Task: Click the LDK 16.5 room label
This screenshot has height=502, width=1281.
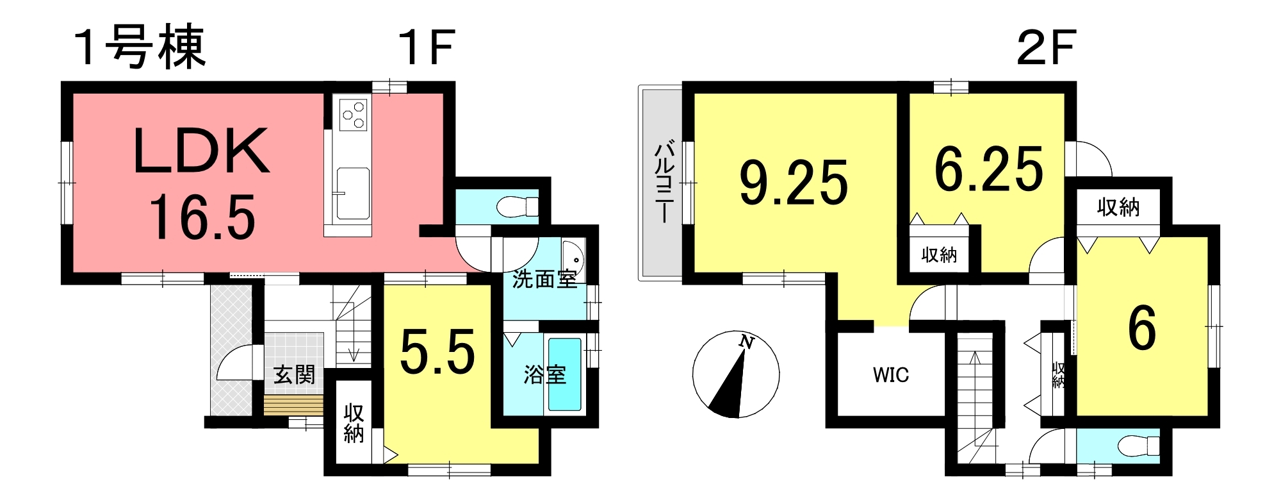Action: pyautogui.click(x=201, y=183)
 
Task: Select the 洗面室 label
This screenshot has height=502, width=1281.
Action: pyautogui.click(x=544, y=280)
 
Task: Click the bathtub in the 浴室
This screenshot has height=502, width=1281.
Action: pyautogui.click(x=564, y=374)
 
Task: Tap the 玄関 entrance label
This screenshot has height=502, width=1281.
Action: pyautogui.click(x=295, y=374)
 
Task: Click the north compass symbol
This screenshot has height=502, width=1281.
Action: pyautogui.click(x=736, y=374)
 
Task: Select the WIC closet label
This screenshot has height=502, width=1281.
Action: pyautogui.click(x=891, y=375)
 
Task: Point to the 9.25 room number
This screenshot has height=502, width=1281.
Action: pyautogui.click(x=794, y=183)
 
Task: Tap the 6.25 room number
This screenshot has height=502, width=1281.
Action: pyautogui.click(x=989, y=169)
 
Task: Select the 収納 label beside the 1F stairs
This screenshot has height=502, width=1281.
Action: pyautogui.click(x=354, y=423)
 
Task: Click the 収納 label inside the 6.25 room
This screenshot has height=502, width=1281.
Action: pyautogui.click(x=939, y=255)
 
